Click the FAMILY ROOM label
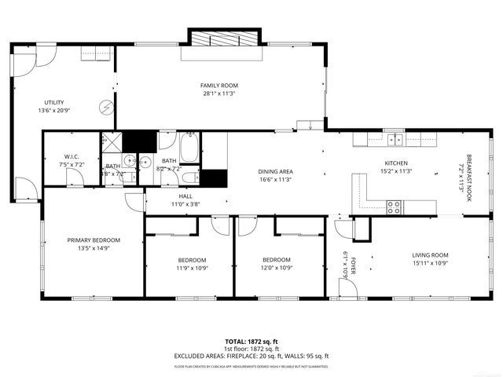pyautogui.click(x=218, y=86)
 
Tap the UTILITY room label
pyautogui.click(x=54, y=102)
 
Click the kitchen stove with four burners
pyautogui.click(x=394, y=207)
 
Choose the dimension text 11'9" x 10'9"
pyautogui.click(x=191, y=269)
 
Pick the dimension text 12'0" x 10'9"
pyautogui.click(x=276, y=269)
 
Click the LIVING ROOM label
pyautogui.click(x=430, y=254)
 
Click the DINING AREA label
pyautogui.click(x=276, y=171)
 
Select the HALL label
pyautogui.click(x=185, y=196)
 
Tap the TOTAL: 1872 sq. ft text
pyautogui.click(x=251, y=342)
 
